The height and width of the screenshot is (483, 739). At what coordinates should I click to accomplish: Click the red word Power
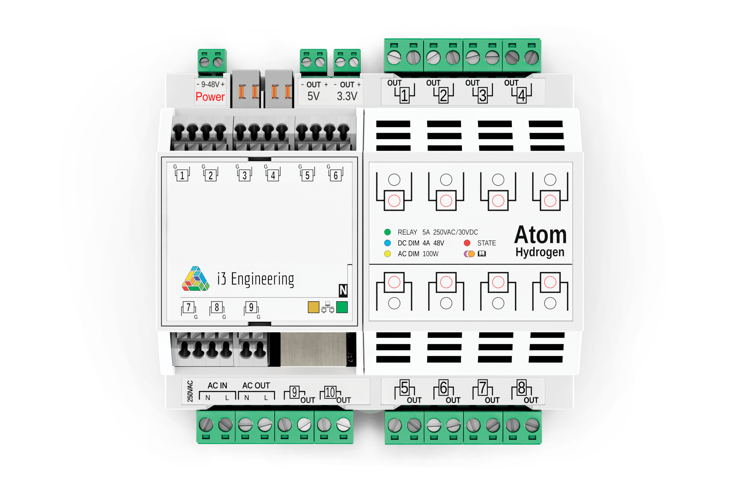tap(210, 97)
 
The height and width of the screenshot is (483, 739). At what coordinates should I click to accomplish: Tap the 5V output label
tap(313, 96)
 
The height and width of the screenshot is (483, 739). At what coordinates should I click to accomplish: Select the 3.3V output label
tap(347, 96)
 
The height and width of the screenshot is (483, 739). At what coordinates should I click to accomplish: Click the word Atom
tap(540, 235)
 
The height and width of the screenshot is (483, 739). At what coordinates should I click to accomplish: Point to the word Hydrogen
tap(540, 252)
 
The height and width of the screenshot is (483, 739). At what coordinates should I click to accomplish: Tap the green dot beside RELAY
tap(387, 232)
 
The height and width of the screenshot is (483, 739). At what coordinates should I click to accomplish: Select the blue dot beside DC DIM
tap(387, 243)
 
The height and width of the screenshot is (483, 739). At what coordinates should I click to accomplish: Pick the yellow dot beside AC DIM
tap(387, 254)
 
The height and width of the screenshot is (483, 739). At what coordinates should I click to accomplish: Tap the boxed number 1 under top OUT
tap(404, 95)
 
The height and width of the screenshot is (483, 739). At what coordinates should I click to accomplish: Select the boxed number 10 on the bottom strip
tap(330, 392)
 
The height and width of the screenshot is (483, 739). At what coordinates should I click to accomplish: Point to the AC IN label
tap(217, 385)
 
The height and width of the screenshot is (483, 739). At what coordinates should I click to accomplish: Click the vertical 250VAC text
tap(190, 391)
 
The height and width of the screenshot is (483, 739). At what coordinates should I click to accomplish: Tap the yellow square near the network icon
tap(313, 307)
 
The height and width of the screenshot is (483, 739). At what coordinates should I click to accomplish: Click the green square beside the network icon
tap(342, 307)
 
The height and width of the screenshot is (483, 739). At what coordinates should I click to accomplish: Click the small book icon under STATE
tap(482, 254)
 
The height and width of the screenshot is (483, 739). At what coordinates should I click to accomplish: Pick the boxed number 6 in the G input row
tap(336, 176)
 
